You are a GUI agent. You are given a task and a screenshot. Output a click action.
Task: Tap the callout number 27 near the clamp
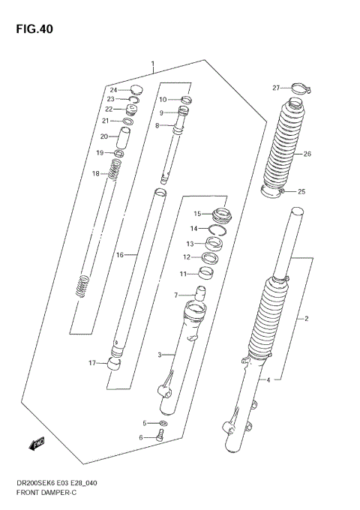276,88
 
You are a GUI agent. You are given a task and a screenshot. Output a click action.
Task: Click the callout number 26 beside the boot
307,154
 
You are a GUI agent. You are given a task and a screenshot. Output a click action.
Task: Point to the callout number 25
301,191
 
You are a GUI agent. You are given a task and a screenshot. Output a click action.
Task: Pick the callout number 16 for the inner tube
119,255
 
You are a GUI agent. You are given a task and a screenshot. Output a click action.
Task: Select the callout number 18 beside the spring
95,174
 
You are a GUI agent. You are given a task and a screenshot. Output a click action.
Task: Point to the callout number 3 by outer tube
160,355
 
